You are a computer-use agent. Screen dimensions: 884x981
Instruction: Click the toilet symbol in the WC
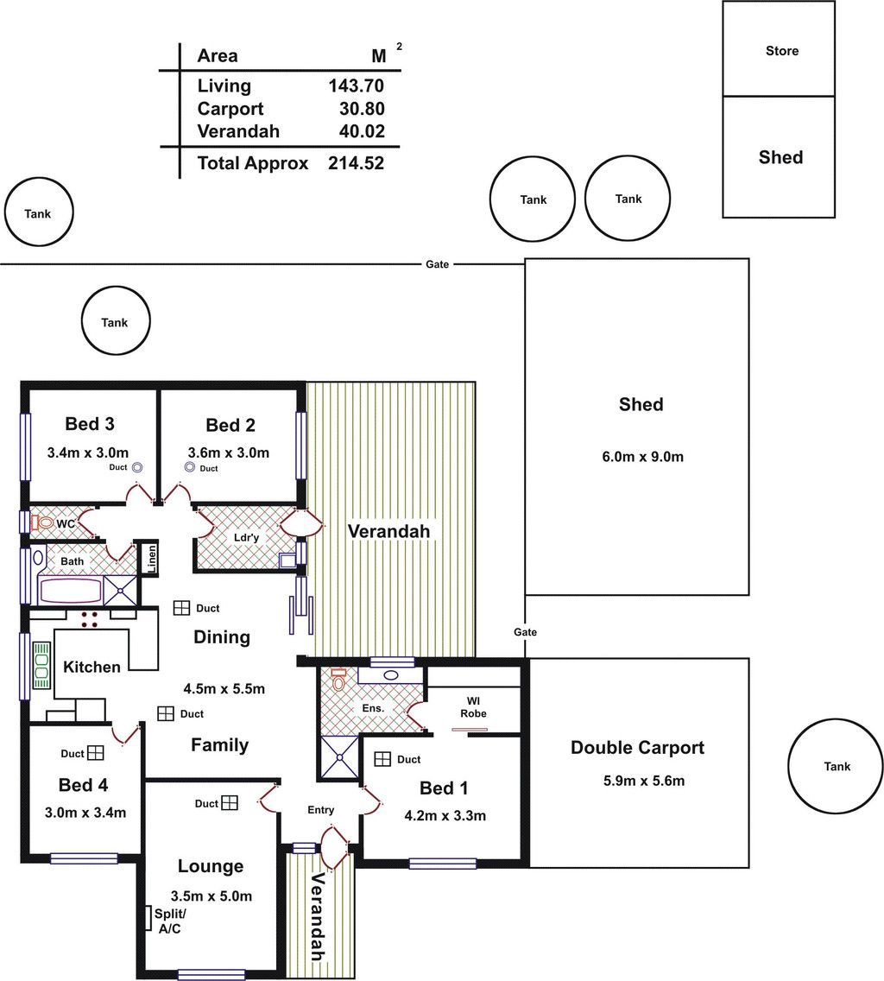click(x=42, y=522)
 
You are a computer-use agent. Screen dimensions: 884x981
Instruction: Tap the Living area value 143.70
click(x=356, y=85)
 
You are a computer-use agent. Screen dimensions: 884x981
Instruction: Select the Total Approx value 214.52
click(x=356, y=163)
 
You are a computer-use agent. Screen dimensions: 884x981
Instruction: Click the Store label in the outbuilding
click(x=782, y=51)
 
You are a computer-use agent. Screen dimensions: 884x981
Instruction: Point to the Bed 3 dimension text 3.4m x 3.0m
click(x=88, y=453)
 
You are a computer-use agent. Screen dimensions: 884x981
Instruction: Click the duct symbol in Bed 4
click(x=96, y=753)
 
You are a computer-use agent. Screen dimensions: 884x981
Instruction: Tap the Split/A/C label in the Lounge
click(x=169, y=921)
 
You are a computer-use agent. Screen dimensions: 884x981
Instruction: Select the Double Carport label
click(x=637, y=748)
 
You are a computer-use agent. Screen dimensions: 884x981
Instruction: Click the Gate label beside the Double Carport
click(x=526, y=632)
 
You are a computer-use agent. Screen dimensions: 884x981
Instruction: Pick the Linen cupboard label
click(x=151, y=558)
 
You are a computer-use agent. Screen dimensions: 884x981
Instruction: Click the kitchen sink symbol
click(x=41, y=665)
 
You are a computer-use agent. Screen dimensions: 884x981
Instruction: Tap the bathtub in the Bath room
click(x=70, y=591)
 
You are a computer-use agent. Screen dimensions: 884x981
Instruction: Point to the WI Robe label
click(x=474, y=707)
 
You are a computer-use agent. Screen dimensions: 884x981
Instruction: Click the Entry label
click(x=321, y=810)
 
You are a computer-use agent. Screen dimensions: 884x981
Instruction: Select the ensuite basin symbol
click(x=391, y=675)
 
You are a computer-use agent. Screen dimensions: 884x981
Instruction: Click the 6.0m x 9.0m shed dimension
click(x=642, y=457)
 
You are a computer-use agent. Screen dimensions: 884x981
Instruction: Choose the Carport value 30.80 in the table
click(x=362, y=109)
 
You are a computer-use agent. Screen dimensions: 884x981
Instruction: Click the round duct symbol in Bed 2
click(x=190, y=466)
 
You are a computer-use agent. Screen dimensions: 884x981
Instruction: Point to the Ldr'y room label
click(x=247, y=537)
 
